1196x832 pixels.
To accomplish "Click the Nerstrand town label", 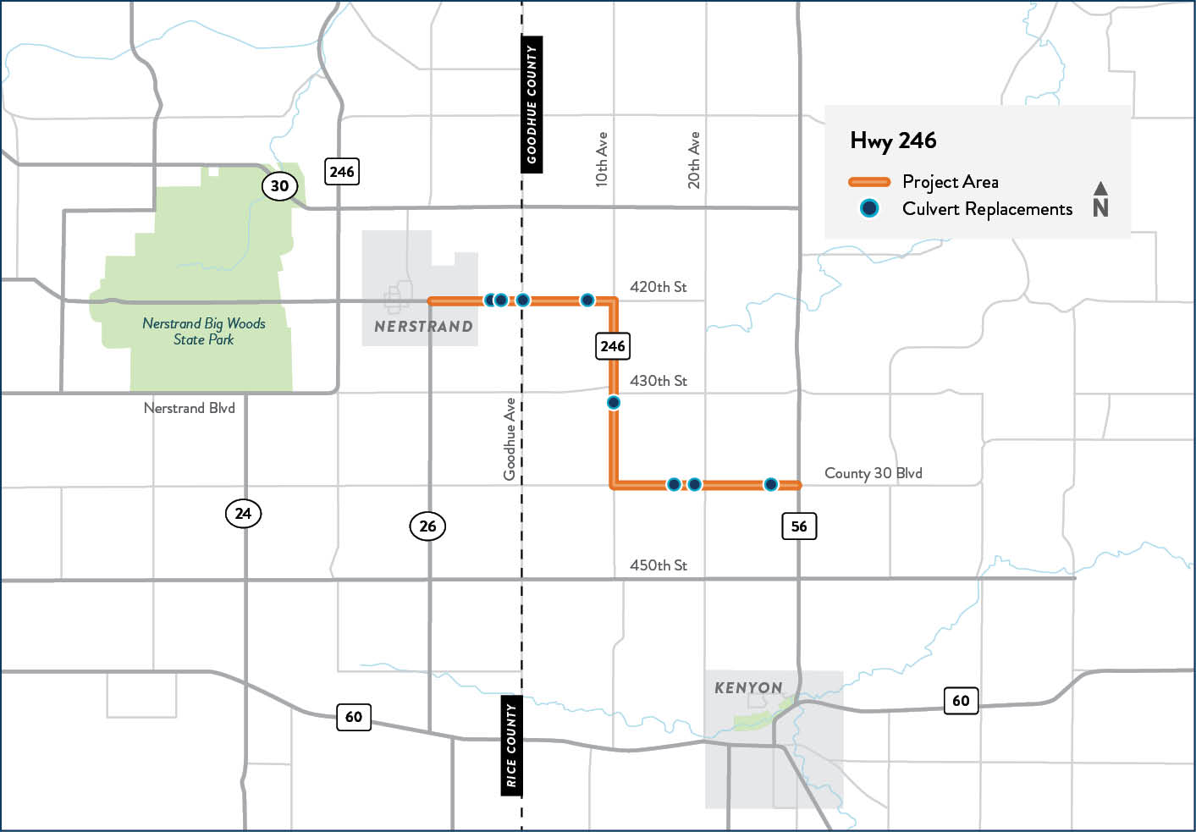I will point(423,327).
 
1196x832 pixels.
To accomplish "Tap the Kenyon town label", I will point(748,688).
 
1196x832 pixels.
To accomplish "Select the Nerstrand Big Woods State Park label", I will point(204,331).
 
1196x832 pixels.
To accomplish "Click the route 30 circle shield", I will point(279,186).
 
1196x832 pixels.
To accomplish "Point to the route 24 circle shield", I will point(243,513).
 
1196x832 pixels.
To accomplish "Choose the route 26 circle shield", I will point(427,526).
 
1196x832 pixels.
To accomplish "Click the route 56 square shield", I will point(798,526).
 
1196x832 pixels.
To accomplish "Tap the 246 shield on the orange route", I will point(612,346).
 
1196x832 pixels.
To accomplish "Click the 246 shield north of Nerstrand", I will point(342,172).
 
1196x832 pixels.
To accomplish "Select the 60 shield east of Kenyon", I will point(961,701).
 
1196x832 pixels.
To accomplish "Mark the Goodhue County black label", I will point(532,105).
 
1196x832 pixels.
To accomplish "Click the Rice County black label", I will point(511,746).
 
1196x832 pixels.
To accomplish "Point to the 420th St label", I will point(658,287).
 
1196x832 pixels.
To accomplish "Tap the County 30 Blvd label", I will point(873,473).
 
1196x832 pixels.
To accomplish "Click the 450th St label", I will point(658,565).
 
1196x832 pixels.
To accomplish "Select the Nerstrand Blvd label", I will point(189,408).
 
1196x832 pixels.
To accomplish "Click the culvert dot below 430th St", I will point(614,403).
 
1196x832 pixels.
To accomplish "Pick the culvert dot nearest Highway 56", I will point(770,485).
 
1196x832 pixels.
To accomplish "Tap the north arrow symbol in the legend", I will point(1100,200).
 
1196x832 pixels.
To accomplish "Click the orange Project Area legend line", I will point(869,182).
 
